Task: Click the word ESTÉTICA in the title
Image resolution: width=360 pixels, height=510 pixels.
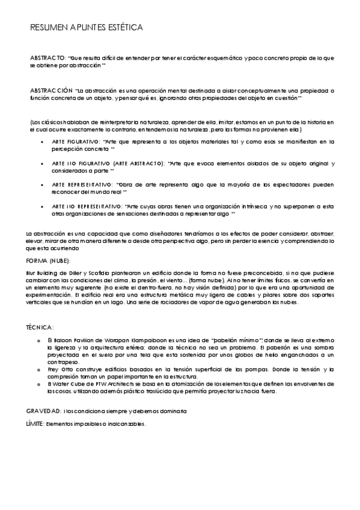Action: coord(123,28)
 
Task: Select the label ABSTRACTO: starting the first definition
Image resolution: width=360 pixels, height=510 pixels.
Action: coord(47,58)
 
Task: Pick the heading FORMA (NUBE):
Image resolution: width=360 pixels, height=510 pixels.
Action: coord(49,260)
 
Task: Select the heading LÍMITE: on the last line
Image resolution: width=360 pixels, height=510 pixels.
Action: coord(35,423)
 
